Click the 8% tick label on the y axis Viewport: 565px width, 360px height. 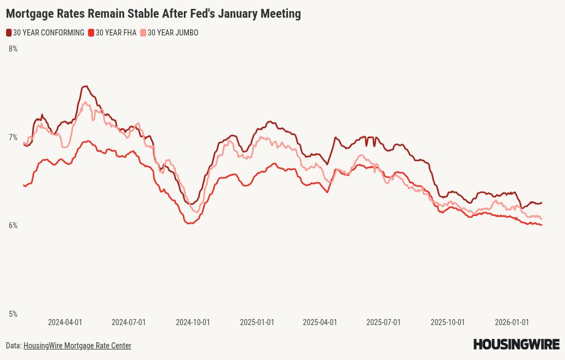pyautogui.click(x=13, y=49)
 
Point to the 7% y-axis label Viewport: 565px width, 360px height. pyautogui.click(x=13, y=137)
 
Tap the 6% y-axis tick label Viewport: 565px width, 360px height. pyautogui.click(x=13, y=225)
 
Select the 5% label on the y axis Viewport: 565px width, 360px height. pyautogui.click(x=13, y=314)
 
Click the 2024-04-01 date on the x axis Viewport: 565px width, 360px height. pyautogui.click(x=65, y=322)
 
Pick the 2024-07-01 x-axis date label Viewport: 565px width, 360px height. pyautogui.click(x=129, y=322)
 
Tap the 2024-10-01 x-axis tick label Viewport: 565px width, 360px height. pyautogui.click(x=193, y=322)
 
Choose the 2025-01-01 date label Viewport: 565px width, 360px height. pyautogui.click(x=257, y=322)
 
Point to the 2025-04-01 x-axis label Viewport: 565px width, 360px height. pyautogui.click(x=320, y=322)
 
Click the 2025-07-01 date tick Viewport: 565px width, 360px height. pyautogui.click(x=383, y=322)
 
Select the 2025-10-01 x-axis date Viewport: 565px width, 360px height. pyautogui.click(x=448, y=322)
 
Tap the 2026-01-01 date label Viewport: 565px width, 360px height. pyautogui.click(x=512, y=322)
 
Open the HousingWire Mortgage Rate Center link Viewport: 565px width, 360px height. pyautogui.click(x=77, y=346)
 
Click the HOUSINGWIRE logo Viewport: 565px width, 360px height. pyautogui.click(x=516, y=344)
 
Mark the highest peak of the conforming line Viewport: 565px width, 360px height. pyautogui.click(x=85, y=86)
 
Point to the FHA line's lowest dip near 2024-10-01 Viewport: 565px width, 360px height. pyautogui.click(x=189, y=223)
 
